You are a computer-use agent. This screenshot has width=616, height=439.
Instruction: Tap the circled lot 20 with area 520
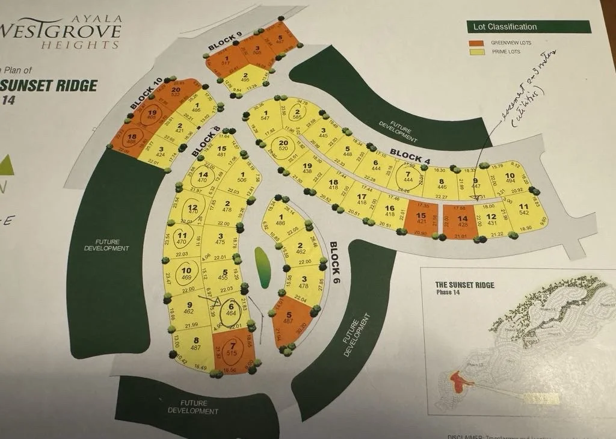click(283, 144)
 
